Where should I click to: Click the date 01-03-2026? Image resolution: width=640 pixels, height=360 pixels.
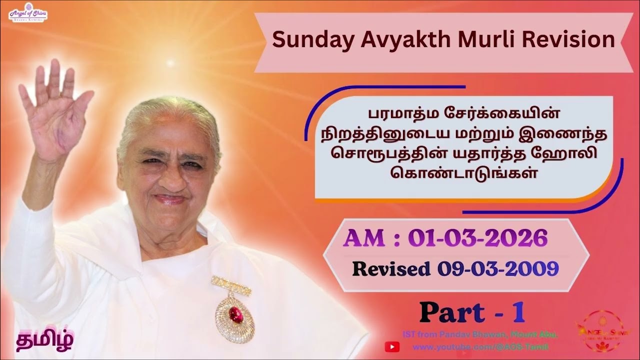477,239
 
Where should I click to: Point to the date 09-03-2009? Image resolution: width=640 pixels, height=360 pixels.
497,269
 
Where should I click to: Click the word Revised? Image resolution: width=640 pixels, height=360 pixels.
391,269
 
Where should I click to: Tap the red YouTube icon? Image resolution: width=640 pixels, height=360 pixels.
392,346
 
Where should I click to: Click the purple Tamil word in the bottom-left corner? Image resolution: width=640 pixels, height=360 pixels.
44,340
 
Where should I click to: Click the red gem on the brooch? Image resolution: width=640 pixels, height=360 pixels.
235,314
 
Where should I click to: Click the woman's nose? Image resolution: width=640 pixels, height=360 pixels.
169,175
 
